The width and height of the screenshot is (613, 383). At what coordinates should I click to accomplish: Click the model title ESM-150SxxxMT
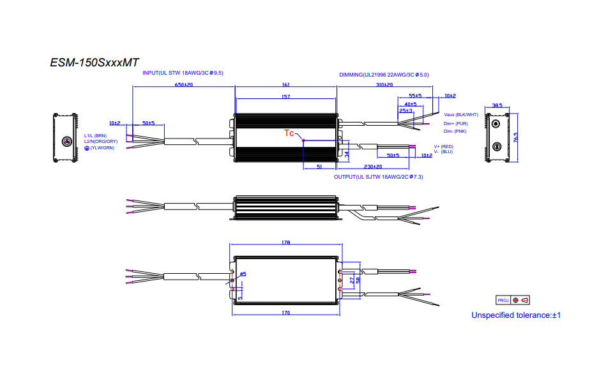(x=95, y=63)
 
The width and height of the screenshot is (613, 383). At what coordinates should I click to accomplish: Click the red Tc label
(x=289, y=133)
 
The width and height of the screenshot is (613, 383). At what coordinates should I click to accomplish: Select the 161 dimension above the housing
(x=285, y=85)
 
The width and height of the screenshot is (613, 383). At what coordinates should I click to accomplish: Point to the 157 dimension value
(x=285, y=96)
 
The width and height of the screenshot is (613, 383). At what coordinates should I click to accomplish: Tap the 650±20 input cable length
(x=184, y=85)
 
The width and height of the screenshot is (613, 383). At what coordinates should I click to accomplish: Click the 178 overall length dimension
(x=285, y=243)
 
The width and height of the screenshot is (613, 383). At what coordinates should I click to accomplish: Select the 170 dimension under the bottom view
(x=285, y=313)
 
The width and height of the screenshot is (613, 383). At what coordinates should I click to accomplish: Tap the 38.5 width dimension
(x=497, y=106)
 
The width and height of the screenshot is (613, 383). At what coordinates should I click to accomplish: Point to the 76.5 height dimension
(x=515, y=138)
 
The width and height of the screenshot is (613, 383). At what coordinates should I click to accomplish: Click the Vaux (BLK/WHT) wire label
(x=460, y=115)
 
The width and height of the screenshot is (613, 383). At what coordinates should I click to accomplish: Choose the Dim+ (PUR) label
(x=455, y=123)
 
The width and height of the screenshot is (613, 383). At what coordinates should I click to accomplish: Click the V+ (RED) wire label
(x=443, y=146)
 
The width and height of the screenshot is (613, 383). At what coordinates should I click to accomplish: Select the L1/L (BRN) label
(x=96, y=135)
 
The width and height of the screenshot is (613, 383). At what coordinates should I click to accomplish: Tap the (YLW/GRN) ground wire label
(x=101, y=147)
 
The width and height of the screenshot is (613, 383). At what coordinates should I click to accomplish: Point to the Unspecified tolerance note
(x=516, y=315)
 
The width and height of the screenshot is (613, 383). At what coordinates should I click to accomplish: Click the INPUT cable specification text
(x=183, y=73)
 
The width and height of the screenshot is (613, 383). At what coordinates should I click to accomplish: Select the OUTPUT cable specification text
(x=379, y=176)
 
